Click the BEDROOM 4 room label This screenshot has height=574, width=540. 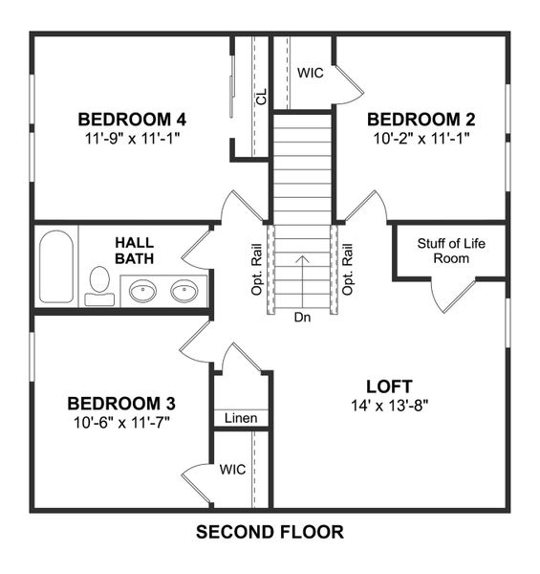(x=131, y=120)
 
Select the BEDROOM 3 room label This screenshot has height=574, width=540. (x=120, y=403)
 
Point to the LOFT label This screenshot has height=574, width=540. (x=389, y=386)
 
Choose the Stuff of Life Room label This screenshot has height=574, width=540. (x=451, y=251)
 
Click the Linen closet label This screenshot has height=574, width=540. (x=241, y=419)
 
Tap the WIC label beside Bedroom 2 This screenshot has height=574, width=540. (x=310, y=73)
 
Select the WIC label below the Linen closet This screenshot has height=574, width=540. (x=233, y=470)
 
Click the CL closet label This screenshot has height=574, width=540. (x=260, y=96)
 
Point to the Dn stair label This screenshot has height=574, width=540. (x=302, y=317)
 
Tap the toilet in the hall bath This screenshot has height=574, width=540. (x=98, y=284)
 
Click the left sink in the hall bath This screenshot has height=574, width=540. (x=143, y=290)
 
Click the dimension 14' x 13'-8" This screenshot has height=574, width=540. (x=389, y=405)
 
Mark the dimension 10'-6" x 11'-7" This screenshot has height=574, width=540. (x=120, y=421)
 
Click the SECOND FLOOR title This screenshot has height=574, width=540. (x=270, y=532)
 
